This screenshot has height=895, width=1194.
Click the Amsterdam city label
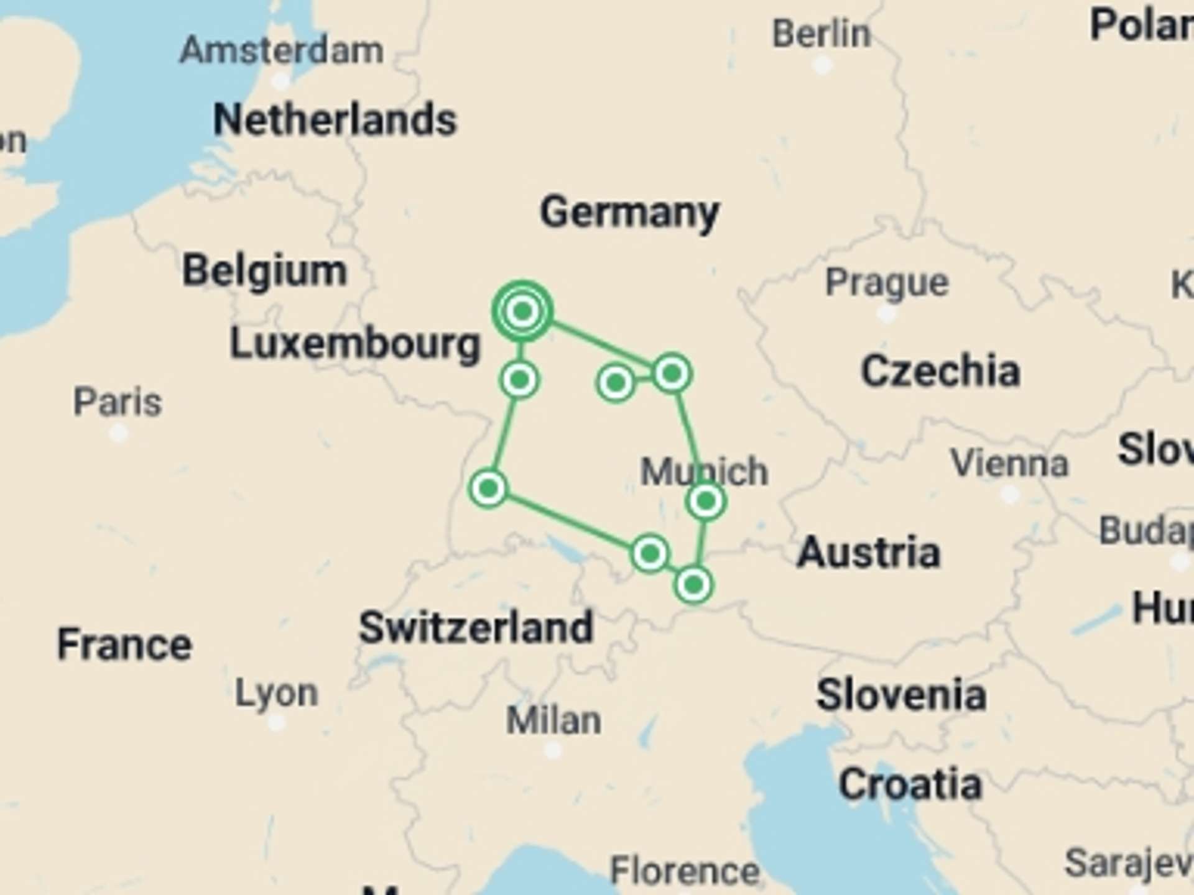281,50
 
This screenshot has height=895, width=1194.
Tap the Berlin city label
821,34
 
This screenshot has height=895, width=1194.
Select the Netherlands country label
335,119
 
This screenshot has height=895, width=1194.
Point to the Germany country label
629,213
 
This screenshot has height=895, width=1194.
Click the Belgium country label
264,271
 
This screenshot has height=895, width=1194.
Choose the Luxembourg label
355,344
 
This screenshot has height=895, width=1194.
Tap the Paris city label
118,402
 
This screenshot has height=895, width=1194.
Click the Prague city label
887,283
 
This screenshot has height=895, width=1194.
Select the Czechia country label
940,371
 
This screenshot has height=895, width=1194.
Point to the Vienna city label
1009,464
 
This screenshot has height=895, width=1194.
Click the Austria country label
868,552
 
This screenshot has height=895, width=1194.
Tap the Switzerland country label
476,628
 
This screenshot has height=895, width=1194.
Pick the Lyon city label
276,692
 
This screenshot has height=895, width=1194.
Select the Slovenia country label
901,695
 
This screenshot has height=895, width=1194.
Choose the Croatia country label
910,784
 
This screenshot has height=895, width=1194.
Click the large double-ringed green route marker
522,311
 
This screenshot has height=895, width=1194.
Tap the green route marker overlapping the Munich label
706,501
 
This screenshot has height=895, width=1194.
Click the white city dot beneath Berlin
822,65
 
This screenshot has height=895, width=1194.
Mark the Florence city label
684,870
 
